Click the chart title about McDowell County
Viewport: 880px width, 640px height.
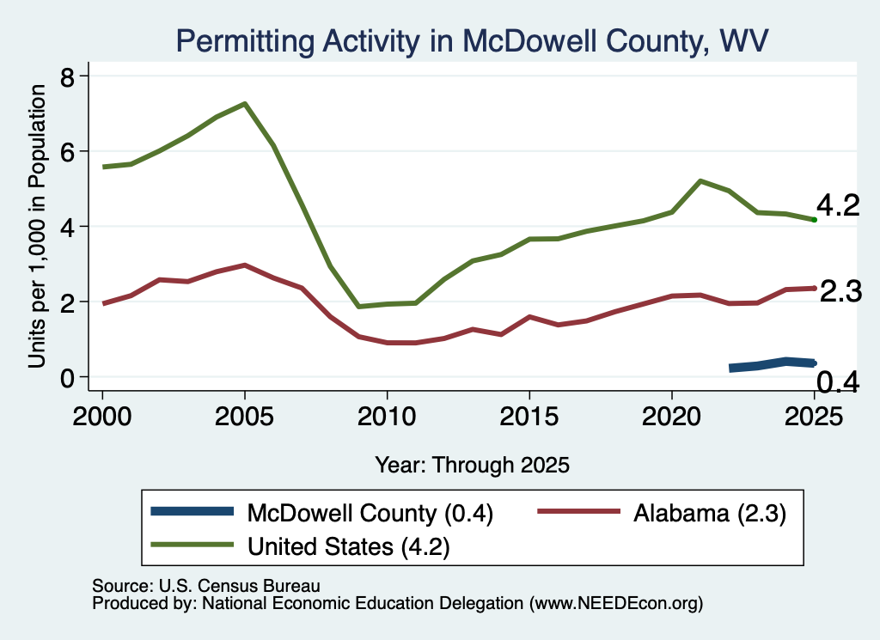(x=472, y=41)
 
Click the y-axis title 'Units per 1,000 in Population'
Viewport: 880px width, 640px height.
(x=37, y=226)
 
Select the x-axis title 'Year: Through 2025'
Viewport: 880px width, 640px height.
(x=472, y=465)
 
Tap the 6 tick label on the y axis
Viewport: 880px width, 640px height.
(x=67, y=151)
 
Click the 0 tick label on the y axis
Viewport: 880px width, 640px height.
(x=67, y=378)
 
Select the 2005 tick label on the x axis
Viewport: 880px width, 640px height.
(x=244, y=416)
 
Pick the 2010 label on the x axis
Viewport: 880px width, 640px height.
(x=387, y=416)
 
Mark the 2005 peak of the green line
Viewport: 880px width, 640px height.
(x=245, y=104)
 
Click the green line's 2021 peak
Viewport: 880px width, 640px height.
(x=700, y=181)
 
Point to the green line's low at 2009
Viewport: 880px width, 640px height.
(x=358, y=307)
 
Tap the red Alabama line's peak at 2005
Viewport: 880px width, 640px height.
(x=245, y=265)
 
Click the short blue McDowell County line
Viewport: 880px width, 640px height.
(x=773, y=364)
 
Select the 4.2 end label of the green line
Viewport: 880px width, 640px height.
(x=838, y=205)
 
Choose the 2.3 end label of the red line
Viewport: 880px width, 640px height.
(x=840, y=292)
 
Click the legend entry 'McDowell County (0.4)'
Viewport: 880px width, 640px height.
(x=322, y=513)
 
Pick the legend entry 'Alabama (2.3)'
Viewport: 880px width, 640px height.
(x=663, y=513)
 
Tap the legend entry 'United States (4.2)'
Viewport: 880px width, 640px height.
(x=300, y=546)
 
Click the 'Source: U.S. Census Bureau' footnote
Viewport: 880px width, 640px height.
(x=206, y=586)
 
